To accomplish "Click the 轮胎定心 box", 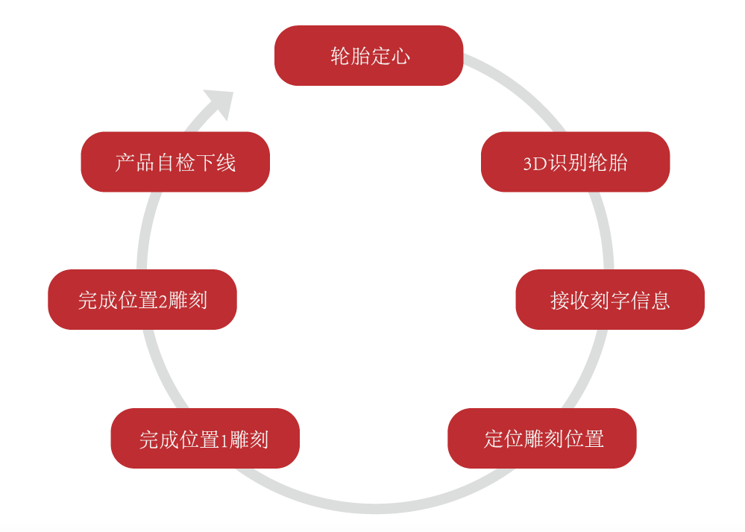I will (x=368, y=56).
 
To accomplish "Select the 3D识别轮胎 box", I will (x=575, y=162).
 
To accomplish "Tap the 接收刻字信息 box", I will (x=610, y=299).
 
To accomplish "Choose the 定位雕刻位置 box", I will (x=542, y=438).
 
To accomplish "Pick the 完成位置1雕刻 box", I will (x=204, y=439).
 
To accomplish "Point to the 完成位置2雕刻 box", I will (x=142, y=299).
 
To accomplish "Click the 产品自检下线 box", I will (x=175, y=162).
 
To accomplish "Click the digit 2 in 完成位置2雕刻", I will (x=163, y=301).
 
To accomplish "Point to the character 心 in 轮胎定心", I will (x=400, y=56).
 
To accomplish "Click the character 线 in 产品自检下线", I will (x=226, y=163).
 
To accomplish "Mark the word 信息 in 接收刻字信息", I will (x=650, y=300).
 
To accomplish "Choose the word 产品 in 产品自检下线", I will (x=134, y=163).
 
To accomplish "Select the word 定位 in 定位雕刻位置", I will (x=502, y=439).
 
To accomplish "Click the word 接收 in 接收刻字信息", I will (x=570, y=300).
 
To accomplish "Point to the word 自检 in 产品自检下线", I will (x=175, y=163).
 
